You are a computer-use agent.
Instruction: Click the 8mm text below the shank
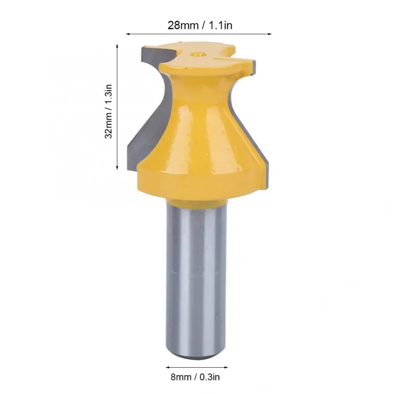tap(180, 376)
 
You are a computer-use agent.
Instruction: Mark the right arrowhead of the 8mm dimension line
tap(227, 367)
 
